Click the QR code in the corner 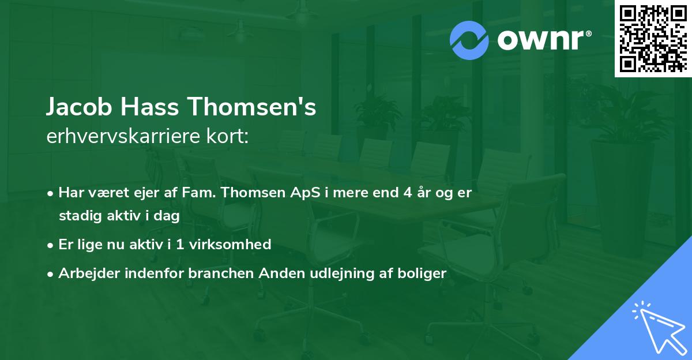point(653,38)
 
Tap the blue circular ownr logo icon point(469,40)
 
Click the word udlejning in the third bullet point(333,273)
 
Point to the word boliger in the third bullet point(424,273)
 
